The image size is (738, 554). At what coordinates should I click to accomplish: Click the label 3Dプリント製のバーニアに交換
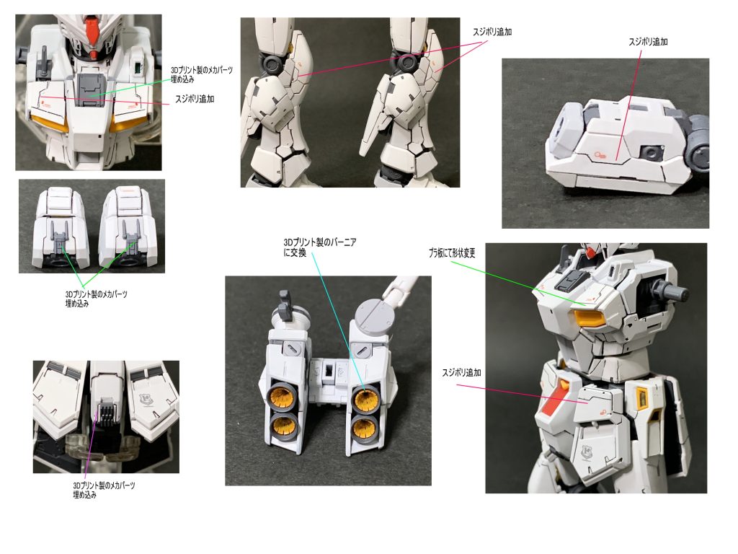(319, 247)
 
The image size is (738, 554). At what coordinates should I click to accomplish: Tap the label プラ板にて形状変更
(452, 253)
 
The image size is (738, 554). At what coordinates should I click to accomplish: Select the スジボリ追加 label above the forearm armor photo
(648, 41)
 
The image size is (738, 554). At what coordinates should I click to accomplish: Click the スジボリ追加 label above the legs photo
(492, 32)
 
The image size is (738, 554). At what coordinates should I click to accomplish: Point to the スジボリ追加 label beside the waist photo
(461, 373)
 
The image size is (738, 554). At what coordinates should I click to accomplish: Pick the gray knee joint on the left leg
(272, 62)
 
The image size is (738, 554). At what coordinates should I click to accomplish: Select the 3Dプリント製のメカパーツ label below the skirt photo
(104, 490)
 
